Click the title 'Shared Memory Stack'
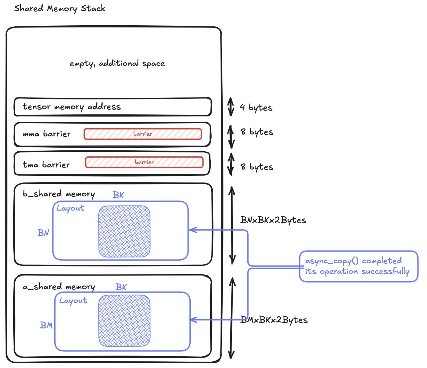[x=60, y=8]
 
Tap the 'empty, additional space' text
[x=117, y=63]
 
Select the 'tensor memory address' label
[x=72, y=107]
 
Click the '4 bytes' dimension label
[x=256, y=107]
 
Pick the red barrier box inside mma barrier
[x=143, y=134]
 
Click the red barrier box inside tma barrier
[x=144, y=162]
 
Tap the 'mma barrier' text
[x=47, y=134]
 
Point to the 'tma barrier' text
[x=46, y=165]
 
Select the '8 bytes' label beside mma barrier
[x=257, y=132]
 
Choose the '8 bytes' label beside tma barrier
[x=257, y=167]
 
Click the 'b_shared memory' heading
[x=59, y=194]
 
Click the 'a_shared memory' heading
[x=59, y=287]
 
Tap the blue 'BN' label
[x=43, y=233]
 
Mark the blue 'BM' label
[x=46, y=325]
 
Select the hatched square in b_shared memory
[x=124, y=231]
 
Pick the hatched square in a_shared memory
[x=124, y=321]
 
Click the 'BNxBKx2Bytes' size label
[x=273, y=220]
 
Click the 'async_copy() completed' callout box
[x=358, y=266]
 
